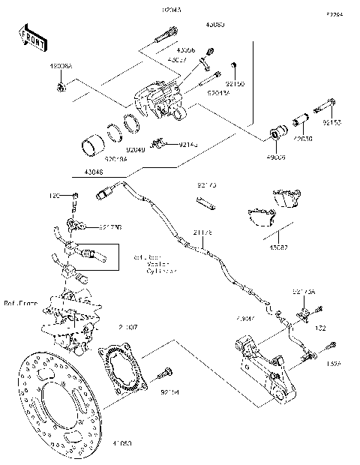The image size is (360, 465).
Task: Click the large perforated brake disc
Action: point(52,406)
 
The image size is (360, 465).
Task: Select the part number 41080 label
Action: point(121,444)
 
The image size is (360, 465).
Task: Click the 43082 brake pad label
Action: point(279,247)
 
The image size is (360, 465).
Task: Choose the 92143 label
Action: point(189,144)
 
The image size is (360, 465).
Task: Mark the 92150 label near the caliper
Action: point(235,85)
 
